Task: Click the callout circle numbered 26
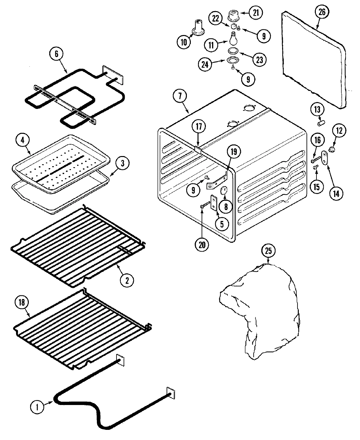click(x=322, y=12)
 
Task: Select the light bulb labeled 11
click(x=233, y=38)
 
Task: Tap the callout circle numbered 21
click(x=256, y=13)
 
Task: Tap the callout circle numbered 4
click(x=23, y=141)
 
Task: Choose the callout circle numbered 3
click(x=122, y=164)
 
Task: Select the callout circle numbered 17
click(x=199, y=127)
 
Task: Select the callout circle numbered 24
click(x=205, y=64)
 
